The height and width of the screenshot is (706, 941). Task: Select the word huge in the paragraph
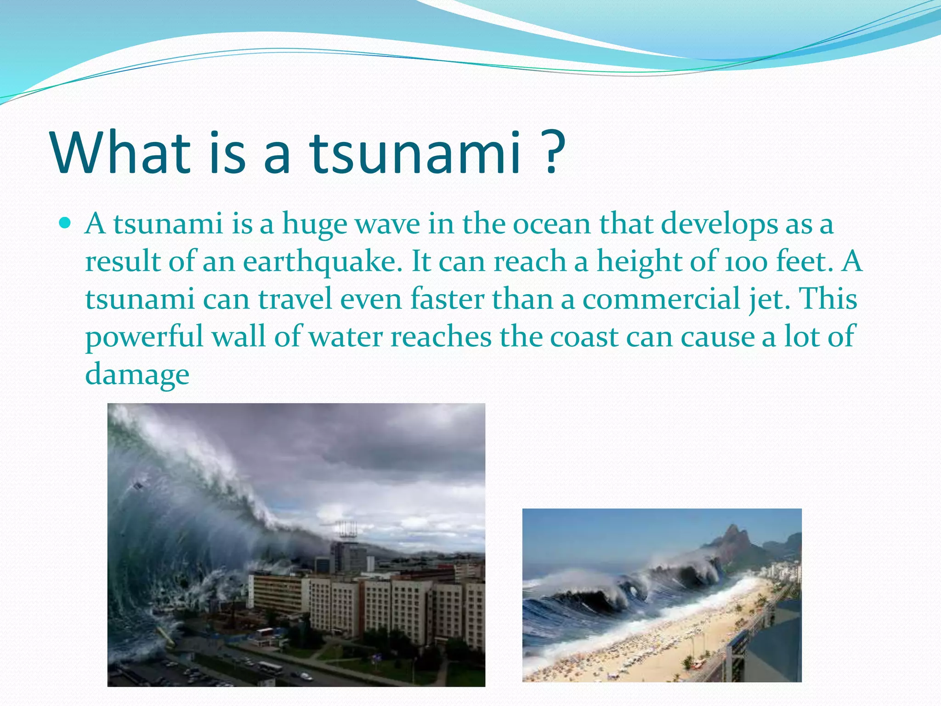(314, 224)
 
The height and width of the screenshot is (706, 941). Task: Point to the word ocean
(551, 224)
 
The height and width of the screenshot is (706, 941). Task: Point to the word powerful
(144, 337)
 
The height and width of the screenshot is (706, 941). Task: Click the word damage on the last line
(137, 375)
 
